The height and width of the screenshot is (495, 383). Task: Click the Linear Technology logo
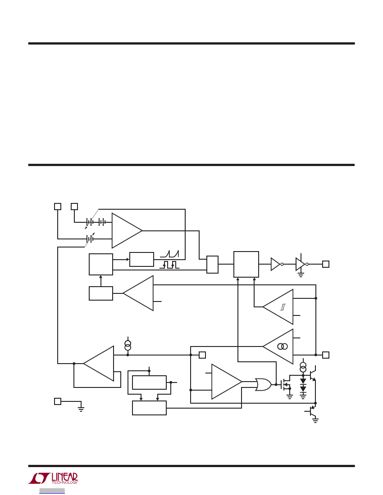pyautogui.click(x=53, y=478)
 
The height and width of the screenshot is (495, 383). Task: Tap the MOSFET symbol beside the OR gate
pyautogui.click(x=286, y=384)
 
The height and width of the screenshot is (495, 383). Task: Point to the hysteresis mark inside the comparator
pyautogui.click(x=283, y=307)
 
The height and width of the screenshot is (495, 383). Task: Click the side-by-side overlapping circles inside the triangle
pyautogui.click(x=283, y=346)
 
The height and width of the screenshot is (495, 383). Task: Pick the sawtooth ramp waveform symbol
pyautogui.click(x=169, y=254)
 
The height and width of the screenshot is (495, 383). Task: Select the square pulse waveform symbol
pyautogui.click(x=169, y=265)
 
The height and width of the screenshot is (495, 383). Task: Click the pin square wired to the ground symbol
pyautogui.click(x=58, y=401)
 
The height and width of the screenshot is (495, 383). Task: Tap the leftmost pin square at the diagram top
pyautogui.click(x=58, y=206)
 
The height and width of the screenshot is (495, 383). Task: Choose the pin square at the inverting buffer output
pyautogui.click(x=325, y=264)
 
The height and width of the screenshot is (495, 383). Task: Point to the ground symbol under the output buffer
pyautogui.click(x=301, y=274)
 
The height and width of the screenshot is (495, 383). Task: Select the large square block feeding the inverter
pyautogui.click(x=246, y=264)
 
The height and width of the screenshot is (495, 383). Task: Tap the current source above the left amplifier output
pyautogui.click(x=128, y=345)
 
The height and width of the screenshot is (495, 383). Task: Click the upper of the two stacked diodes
pyautogui.click(x=303, y=381)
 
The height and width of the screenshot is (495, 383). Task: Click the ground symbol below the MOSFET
pyautogui.click(x=290, y=397)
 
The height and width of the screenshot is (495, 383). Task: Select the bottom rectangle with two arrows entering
pyautogui.click(x=149, y=408)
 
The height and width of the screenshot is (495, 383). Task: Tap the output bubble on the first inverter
pyautogui.click(x=282, y=264)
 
